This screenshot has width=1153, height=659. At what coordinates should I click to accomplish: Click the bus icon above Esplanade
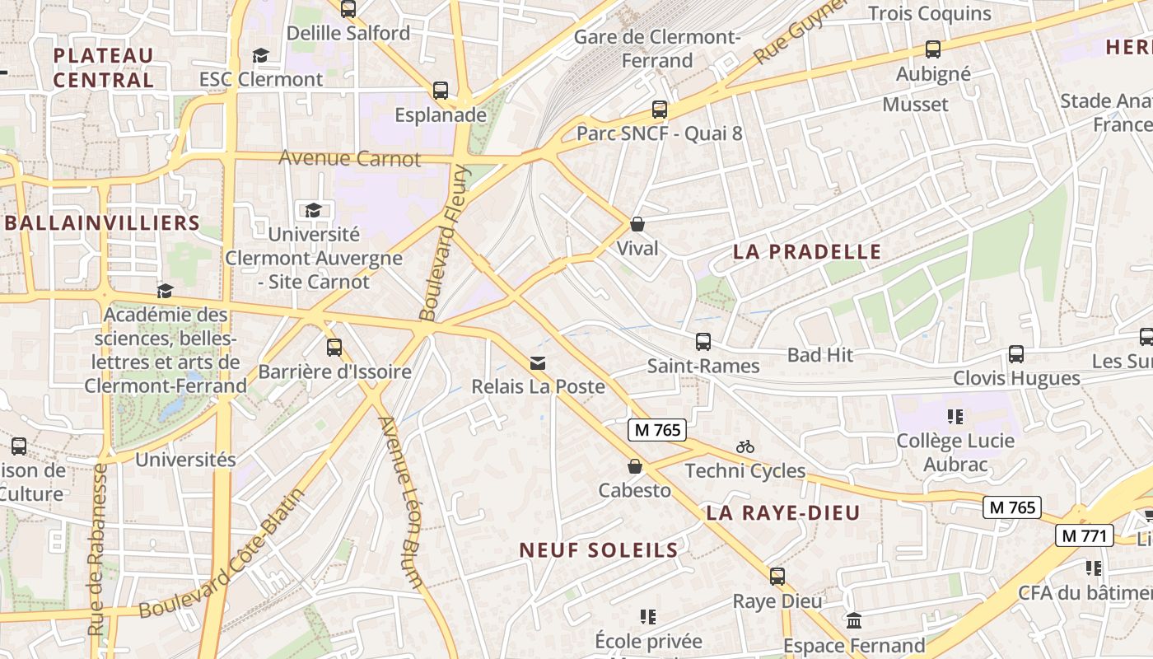point(441,90)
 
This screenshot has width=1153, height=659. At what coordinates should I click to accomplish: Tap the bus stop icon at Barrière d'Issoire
point(334,347)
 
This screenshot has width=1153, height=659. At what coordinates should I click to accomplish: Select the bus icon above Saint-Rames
point(703,341)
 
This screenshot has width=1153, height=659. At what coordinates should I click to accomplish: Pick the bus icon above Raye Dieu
point(777,577)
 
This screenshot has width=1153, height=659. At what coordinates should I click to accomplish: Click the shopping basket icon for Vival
point(637,223)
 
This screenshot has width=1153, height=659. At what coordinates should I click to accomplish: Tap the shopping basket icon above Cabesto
point(634,466)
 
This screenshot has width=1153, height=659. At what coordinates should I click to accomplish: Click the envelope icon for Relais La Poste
point(538,362)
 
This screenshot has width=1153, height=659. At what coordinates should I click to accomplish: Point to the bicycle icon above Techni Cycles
point(745,446)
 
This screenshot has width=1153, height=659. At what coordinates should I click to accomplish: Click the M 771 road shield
point(1085,535)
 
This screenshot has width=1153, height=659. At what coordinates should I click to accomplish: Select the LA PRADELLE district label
point(807,252)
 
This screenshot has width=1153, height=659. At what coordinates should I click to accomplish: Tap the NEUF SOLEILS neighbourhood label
point(599,550)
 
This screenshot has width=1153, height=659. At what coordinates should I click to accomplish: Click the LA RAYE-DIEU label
point(783,512)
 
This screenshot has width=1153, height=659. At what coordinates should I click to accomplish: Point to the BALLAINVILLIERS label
point(102,222)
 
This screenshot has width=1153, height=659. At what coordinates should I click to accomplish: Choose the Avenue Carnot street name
point(350,157)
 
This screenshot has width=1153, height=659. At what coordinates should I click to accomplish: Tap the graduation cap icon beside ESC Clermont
point(261,55)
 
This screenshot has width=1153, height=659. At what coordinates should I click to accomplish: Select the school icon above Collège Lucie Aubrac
point(955,417)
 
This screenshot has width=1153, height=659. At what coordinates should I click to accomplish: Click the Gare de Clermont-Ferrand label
point(657,49)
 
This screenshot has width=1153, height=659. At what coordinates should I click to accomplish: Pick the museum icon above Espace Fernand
point(854,620)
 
